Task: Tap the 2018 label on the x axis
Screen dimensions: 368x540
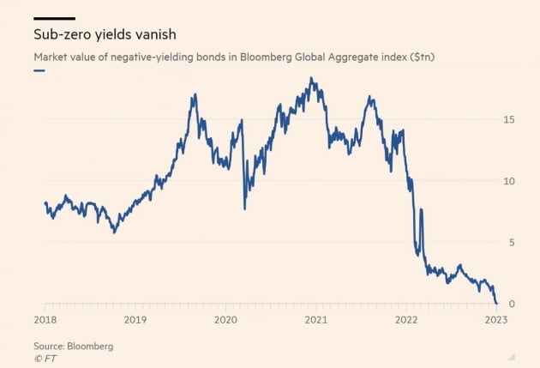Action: pos(45,319)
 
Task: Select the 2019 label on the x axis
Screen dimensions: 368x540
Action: pos(135,319)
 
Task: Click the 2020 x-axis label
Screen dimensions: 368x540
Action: pos(225,319)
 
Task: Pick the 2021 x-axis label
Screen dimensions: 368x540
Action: pos(316,319)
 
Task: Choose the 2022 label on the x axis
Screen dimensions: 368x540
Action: pos(406,319)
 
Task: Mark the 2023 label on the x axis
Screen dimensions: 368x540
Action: pos(496,319)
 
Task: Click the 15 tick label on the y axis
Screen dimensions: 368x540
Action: pos(509,119)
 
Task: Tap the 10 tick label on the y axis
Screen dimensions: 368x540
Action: pos(509,181)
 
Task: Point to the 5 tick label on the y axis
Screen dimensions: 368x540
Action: pos(512,243)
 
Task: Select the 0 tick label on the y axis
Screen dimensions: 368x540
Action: pos(512,305)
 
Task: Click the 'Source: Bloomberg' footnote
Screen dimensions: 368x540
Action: pos(73,346)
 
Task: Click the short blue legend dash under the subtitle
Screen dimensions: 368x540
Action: pos(39,70)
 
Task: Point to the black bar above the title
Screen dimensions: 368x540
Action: pos(54,18)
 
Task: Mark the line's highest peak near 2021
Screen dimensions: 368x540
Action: pos(311,79)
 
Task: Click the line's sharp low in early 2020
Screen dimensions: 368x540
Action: pos(245,208)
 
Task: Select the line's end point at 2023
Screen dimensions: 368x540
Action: pos(496,303)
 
